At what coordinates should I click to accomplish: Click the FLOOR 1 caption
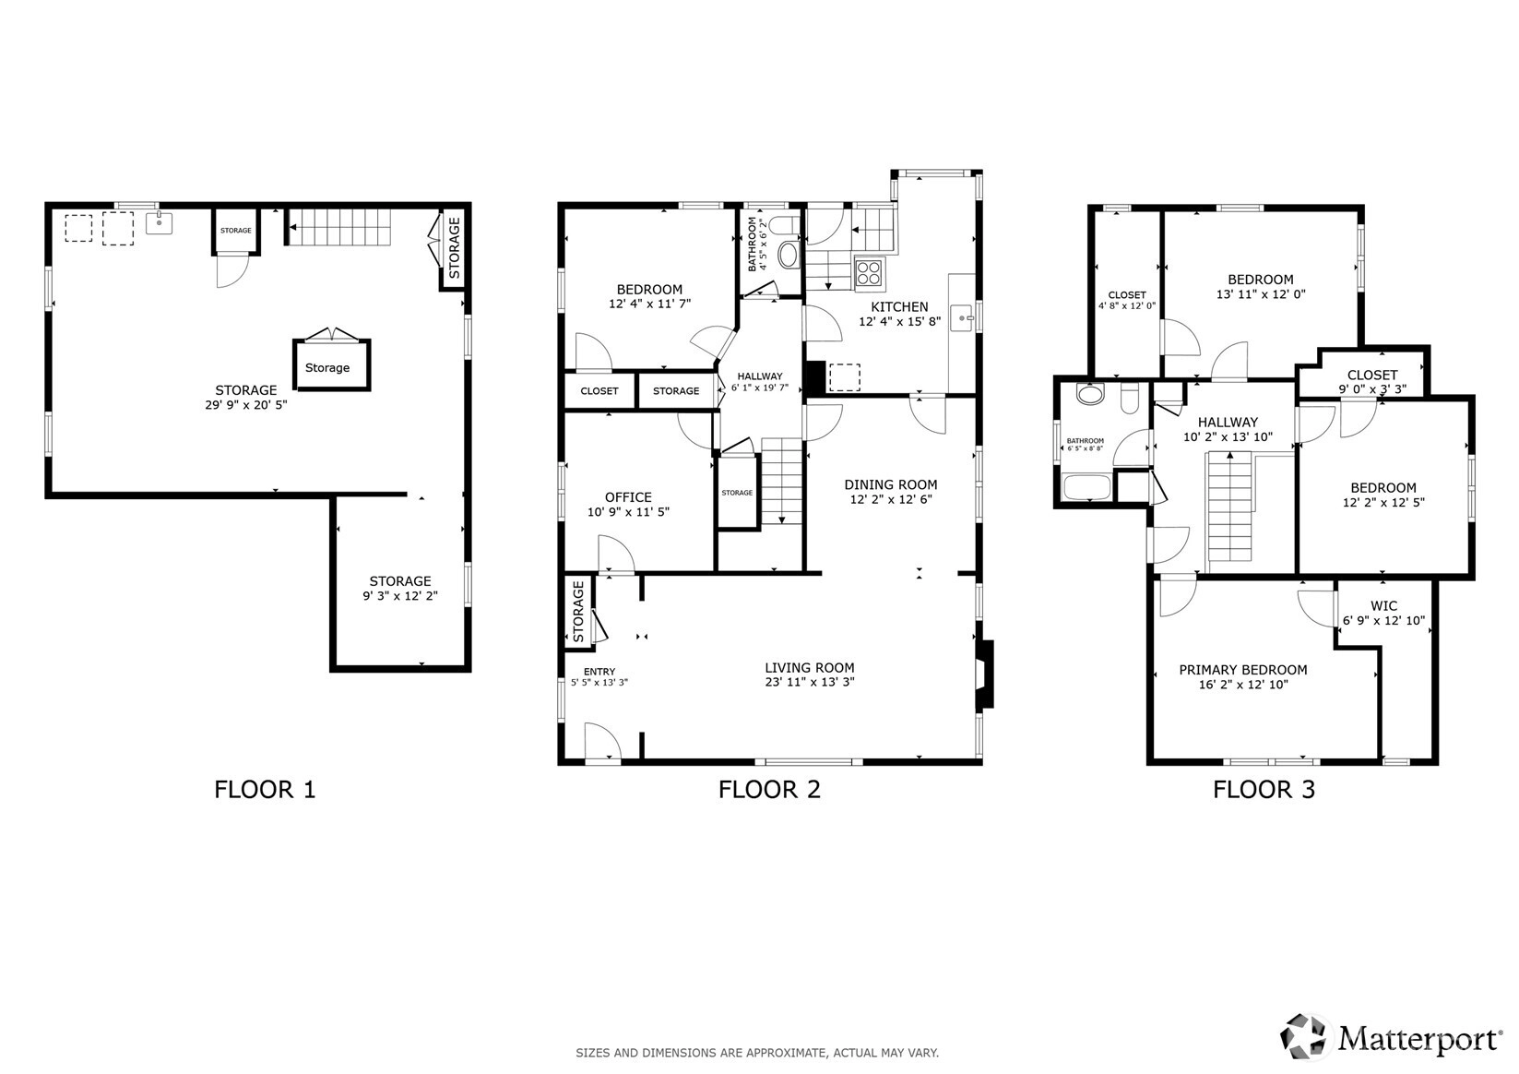pos(265,789)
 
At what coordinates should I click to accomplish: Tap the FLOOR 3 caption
pos(1264,789)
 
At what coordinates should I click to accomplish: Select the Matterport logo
pos(1390,1038)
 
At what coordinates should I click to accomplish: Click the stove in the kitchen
pos(869,273)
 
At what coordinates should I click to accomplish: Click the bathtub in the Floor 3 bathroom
pos(1087,488)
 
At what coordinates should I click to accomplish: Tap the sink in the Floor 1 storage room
pos(159,222)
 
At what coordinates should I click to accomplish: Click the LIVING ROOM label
pos(810,668)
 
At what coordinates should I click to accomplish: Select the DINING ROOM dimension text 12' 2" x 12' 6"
pos(890,499)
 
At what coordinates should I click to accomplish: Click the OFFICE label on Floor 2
pos(628,497)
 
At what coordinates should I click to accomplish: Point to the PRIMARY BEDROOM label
pos(1243,670)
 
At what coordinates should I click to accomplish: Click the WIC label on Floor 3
pos(1383,606)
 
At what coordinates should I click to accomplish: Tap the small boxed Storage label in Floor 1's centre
pos(326,368)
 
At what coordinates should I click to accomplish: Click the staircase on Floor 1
pos(339,227)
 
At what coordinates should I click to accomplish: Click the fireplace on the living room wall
pos(985,674)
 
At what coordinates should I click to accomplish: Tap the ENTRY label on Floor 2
pos(599,672)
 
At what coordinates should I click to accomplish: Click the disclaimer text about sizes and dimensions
pos(757,1053)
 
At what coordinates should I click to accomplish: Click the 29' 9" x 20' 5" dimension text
pos(246,405)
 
